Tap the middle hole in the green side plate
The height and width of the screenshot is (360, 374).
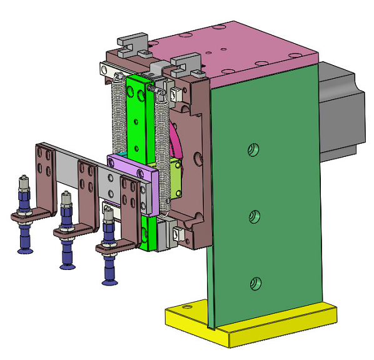click(x=254, y=216)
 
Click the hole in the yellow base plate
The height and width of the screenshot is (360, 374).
click(x=186, y=308)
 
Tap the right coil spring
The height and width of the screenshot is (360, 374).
click(x=164, y=150)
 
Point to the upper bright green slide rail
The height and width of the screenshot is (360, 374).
click(x=139, y=119)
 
